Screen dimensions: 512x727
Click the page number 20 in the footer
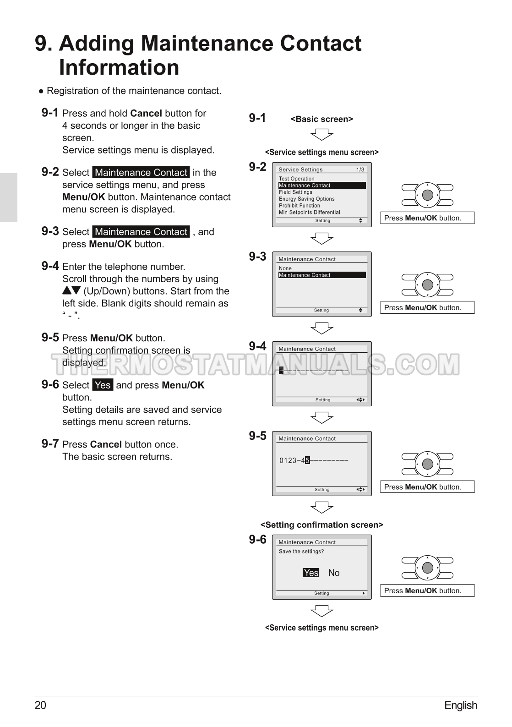[41, 705]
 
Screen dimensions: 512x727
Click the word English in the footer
[461, 705]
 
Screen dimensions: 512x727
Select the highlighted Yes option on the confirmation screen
[311, 573]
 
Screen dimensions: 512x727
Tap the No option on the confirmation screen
[334, 573]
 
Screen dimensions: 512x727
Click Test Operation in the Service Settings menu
[297, 179]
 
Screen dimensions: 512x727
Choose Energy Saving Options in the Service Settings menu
[307, 199]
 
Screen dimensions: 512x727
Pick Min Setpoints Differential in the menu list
[310, 212]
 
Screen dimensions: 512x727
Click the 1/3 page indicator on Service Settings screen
[360, 169]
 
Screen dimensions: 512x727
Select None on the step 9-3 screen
[285, 268]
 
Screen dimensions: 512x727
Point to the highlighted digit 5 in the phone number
[308, 460]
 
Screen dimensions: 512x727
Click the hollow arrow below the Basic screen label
[322, 135]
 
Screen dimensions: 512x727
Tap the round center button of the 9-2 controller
[428, 195]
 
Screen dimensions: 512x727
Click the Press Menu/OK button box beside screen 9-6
[427, 590]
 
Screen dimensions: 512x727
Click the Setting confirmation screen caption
[322, 525]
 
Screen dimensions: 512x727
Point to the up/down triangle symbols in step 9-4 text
[71, 290]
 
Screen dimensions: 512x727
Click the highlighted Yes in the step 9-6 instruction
[103, 385]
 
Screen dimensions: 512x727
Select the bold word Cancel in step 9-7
[106, 444]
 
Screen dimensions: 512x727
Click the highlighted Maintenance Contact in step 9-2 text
[141, 172]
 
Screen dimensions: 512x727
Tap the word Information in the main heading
[119, 67]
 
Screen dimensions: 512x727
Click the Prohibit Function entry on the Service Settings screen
[300, 206]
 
